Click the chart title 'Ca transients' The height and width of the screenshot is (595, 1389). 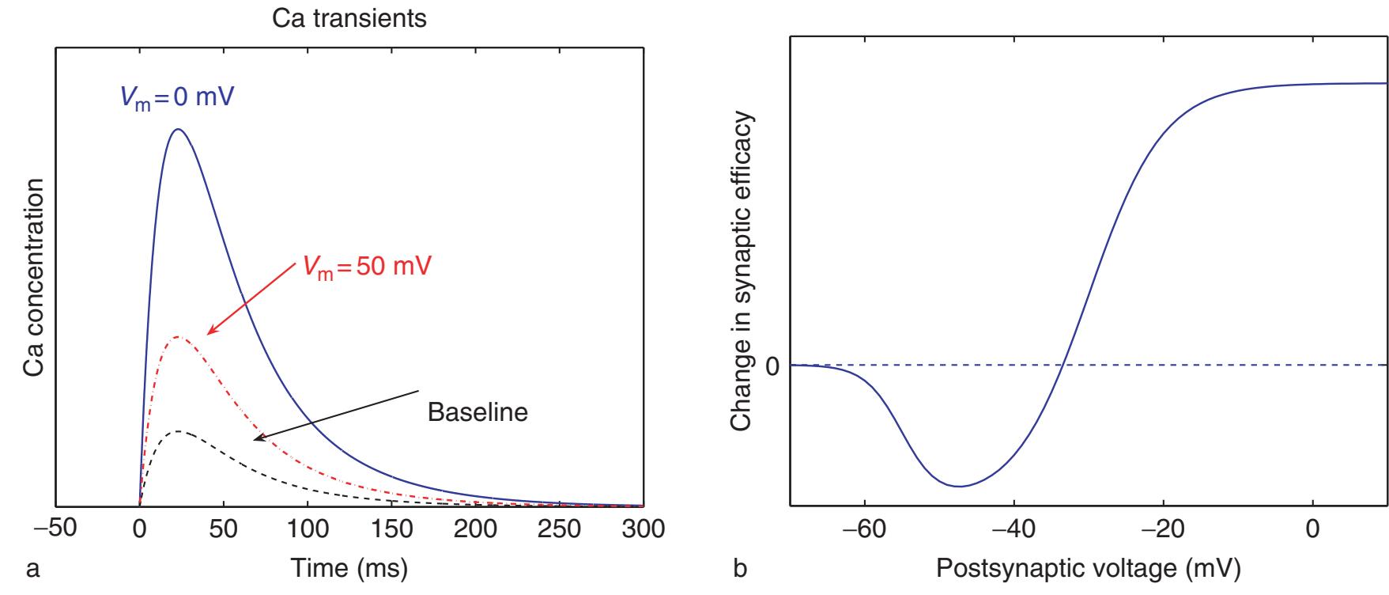[x=349, y=18]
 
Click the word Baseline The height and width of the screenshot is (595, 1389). [x=477, y=412]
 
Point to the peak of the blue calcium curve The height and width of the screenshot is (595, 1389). [x=177, y=130]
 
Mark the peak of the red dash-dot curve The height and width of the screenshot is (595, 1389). [x=179, y=336]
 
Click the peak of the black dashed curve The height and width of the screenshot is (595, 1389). [x=179, y=431]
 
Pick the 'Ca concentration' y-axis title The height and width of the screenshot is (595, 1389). [x=34, y=276]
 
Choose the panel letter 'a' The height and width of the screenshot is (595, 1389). [x=32, y=569]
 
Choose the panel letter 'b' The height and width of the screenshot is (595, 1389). [x=740, y=569]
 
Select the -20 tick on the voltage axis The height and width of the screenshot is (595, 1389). [x=1163, y=529]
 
